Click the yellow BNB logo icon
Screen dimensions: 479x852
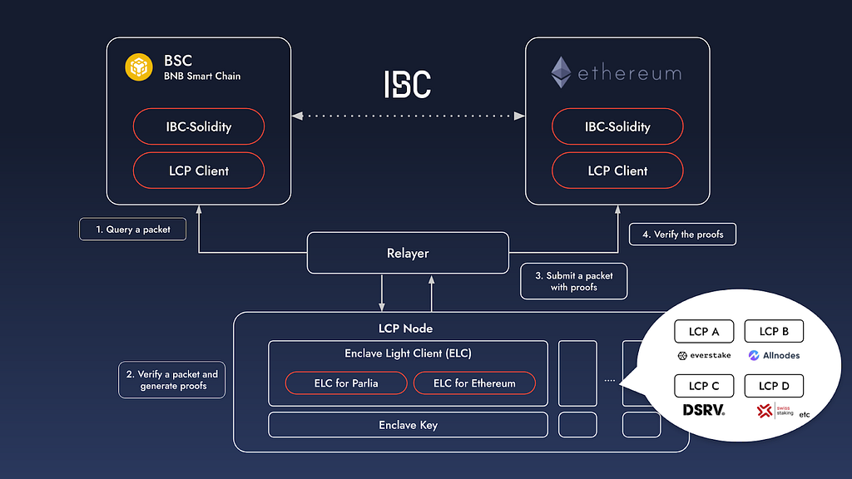[137, 67]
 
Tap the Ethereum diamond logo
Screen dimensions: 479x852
[562, 72]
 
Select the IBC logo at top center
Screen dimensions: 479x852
[408, 84]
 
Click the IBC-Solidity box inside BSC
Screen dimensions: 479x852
[199, 127]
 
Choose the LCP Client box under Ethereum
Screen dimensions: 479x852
[617, 170]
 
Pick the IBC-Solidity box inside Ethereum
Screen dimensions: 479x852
[617, 127]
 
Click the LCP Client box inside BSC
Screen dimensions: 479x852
[199, 170]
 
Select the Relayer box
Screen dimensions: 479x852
[407, 253]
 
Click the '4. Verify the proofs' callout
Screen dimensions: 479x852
[682, 235]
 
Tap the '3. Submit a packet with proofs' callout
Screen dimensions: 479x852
[573, 281]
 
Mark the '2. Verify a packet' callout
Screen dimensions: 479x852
[172, 380]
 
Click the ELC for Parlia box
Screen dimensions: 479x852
[345, 383]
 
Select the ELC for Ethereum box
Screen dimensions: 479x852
[474, 383]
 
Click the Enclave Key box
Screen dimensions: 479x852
[408, 425]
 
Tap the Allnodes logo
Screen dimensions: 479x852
[770, 355]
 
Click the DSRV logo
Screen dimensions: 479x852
[704, 410]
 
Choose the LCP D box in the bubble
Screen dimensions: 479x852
[773, 387]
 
